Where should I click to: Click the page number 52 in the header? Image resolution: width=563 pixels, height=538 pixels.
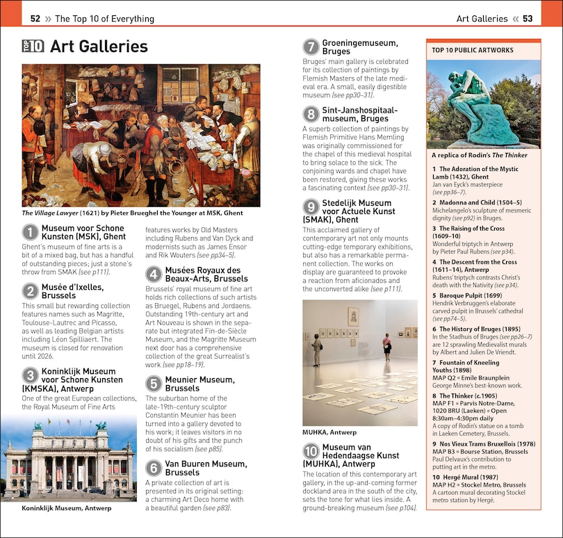(x=35, y=19)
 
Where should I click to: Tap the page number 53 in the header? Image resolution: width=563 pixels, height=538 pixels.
(x=528, y=19)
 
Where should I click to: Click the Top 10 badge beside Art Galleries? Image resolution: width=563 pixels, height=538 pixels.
(x=33, y=47)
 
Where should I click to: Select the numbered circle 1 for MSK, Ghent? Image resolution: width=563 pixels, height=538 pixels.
(x=30, y=232)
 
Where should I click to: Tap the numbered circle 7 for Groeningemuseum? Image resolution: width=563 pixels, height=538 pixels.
(x=311, y=47)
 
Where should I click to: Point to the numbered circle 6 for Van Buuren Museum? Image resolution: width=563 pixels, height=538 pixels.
(x=154, y=468)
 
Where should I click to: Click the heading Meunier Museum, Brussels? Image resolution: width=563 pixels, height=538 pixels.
(x=190, y=384)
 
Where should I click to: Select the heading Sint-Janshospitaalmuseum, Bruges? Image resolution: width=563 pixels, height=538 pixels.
(x=350, y=114)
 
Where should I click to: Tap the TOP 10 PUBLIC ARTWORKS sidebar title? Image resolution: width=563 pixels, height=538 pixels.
(x=473, y=50)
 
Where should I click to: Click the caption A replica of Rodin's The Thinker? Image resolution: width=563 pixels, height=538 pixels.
(x=480, y=155)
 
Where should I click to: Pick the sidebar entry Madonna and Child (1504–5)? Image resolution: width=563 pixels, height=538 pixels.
(x=477, y=202)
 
